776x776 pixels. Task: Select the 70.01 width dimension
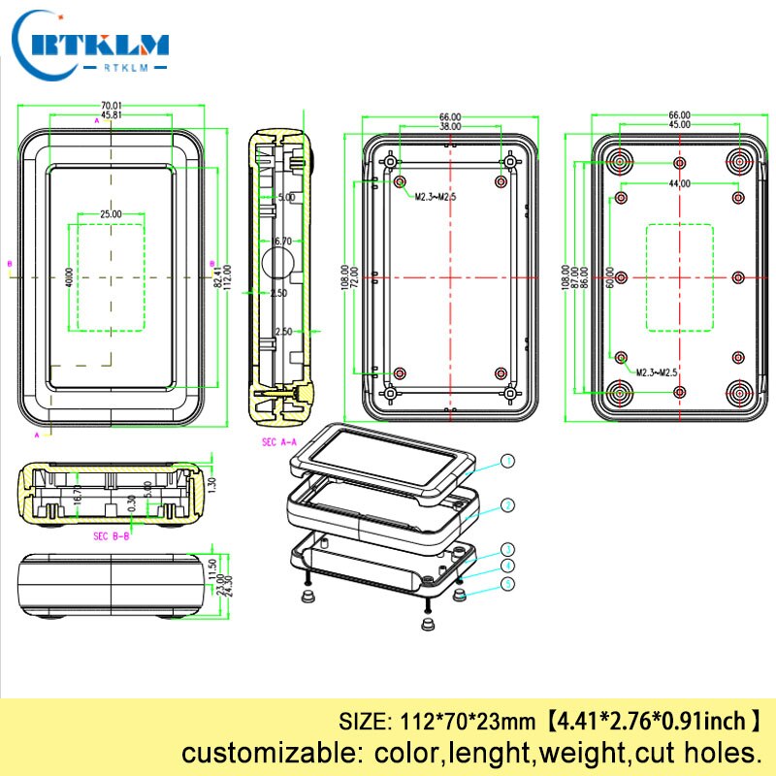pos(111,106)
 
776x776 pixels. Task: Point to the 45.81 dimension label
pos(111,115)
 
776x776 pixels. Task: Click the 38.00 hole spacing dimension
pos(450,126)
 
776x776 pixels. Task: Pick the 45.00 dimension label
pos(679,125)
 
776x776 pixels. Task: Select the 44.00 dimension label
pos(679,183)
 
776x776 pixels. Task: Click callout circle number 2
pos(507,504)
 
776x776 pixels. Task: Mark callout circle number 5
pos(507,583)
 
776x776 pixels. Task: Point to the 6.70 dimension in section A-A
pos(282,241)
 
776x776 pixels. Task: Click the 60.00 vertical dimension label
pos(610,278)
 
